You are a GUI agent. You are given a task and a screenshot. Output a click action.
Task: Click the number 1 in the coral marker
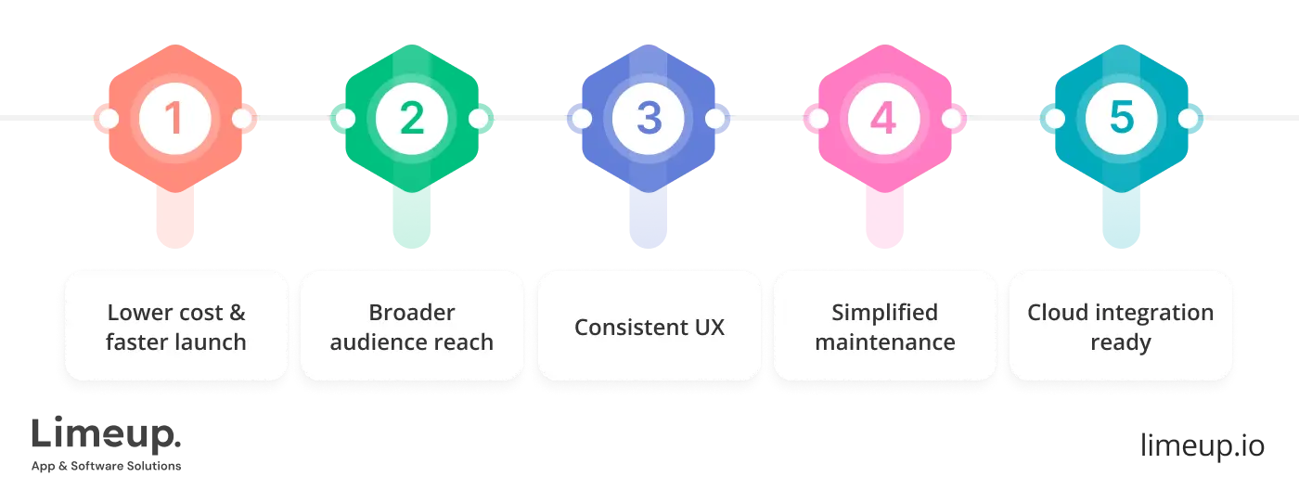pyautogui.click(x=175, y=119)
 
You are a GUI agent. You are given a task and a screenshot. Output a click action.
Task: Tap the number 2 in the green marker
pyautogui.click(x=412, y=119)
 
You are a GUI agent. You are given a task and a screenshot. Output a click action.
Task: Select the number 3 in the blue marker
pyautogui.click(x=649, y=119)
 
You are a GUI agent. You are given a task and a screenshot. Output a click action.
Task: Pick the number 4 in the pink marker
pyautogui.click(x=884, y=119)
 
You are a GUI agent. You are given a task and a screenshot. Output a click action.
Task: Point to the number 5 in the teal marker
pyautogui.click(x=1121, y=119)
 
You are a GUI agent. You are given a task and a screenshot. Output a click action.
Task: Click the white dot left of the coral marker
pyautogui.click(x=109, y=119)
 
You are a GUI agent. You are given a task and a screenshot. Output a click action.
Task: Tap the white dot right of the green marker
pyautogui.click(x=479, y=119)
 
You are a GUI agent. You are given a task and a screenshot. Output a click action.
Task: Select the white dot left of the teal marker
pyautogui.click(x=1054, y=119)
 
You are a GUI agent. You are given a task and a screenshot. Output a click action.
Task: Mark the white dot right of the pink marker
pyautogui.click(x=951, y=119)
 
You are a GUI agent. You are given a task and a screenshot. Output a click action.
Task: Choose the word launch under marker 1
pyautogui.click(x=213, y=342)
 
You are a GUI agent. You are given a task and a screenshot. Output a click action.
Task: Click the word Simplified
pyautogui.click(x=884, y=313)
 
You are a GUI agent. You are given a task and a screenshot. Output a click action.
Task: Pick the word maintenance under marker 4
pyautogui.click(x=884, y=342)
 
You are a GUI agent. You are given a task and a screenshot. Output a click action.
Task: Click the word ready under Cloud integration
pyautogui.click(x=1121, y=342)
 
